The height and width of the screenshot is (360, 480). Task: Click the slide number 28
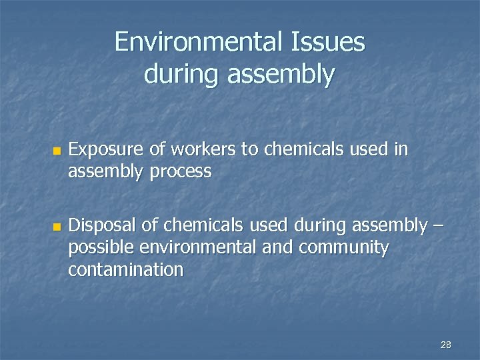(x=446, y=345)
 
